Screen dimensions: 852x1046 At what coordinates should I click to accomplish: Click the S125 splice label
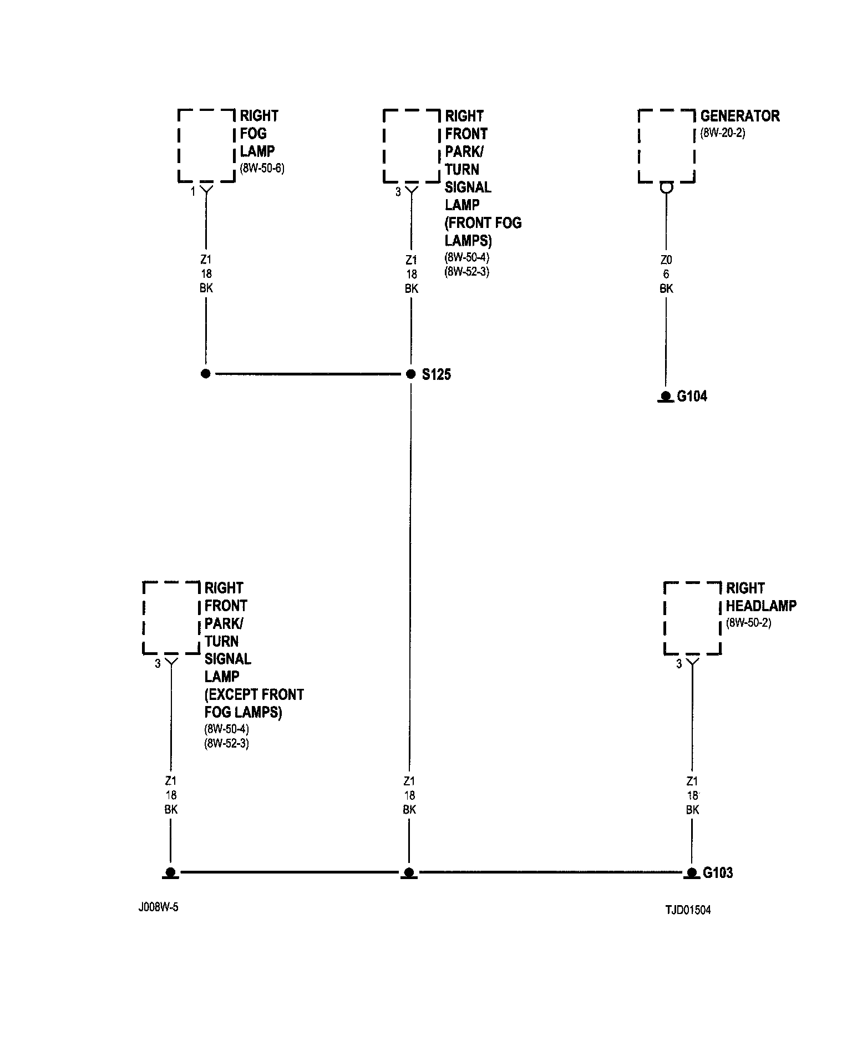pyautogui.click(x=436, y=374)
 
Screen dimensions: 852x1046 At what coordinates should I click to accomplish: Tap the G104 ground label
pyautogui.click(x=692, y=396)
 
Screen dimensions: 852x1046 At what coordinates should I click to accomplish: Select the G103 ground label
pyautogui.click(x=718, y=872)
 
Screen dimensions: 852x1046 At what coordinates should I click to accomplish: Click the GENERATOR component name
pyautogui.click(x=740, y=116)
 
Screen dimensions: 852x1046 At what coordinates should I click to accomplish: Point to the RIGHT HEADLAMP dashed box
pyautogui.click(x=692, y=618)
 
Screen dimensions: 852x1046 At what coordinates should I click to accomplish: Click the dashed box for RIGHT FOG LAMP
pyautogui.click(x=206, y=146)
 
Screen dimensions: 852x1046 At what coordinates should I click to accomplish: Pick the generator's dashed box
pyautogui.click(x=666, y=146)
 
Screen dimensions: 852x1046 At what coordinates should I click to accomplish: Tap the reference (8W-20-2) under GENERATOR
pyautogui.click(x=723, y=133)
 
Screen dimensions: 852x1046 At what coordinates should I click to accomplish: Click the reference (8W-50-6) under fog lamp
pyautogui.click(x=262, y=169)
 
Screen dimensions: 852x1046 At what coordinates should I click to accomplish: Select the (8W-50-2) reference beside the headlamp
pyautogui.click(x=748, y=622)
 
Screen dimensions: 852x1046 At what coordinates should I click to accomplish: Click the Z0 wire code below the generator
pyautogui.click(x=666, y=260)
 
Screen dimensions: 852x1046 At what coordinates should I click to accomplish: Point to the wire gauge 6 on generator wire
pyautogui.click(x=666, y=274)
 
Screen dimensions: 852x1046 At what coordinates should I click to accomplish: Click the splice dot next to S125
pyautogui.click(x=410, y=374)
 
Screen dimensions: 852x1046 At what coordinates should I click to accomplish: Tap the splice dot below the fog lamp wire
pyautogui.click(x=206, y=374)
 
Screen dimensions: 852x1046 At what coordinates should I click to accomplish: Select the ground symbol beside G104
pyautogui.click(x=666, y=397)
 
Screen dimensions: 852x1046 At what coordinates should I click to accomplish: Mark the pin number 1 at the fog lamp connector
pyautogui.click(x=193, y=192)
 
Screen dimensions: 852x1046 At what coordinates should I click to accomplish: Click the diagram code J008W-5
pyautogui.click(x=159, y=908)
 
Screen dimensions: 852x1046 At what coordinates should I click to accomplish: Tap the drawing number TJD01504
pyautogui.click(x=688, y=910)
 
